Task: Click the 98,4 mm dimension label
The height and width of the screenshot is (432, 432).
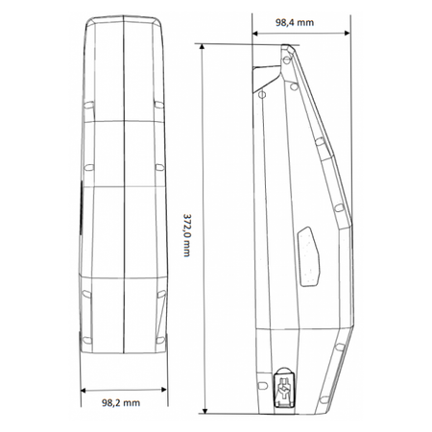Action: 295,22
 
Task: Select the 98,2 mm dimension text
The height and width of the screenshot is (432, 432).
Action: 121,402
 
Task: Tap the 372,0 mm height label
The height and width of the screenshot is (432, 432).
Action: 186,235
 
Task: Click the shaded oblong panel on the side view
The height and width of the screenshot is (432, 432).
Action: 308,255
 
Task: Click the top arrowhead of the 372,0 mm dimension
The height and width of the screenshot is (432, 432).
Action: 202,47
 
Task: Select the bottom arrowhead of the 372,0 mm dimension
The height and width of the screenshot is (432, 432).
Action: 205,410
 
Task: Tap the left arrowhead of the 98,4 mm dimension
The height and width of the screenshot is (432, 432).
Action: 255,33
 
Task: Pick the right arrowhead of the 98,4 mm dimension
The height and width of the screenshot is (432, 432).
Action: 347,33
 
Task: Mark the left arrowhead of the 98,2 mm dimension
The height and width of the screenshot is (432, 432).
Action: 84,390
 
